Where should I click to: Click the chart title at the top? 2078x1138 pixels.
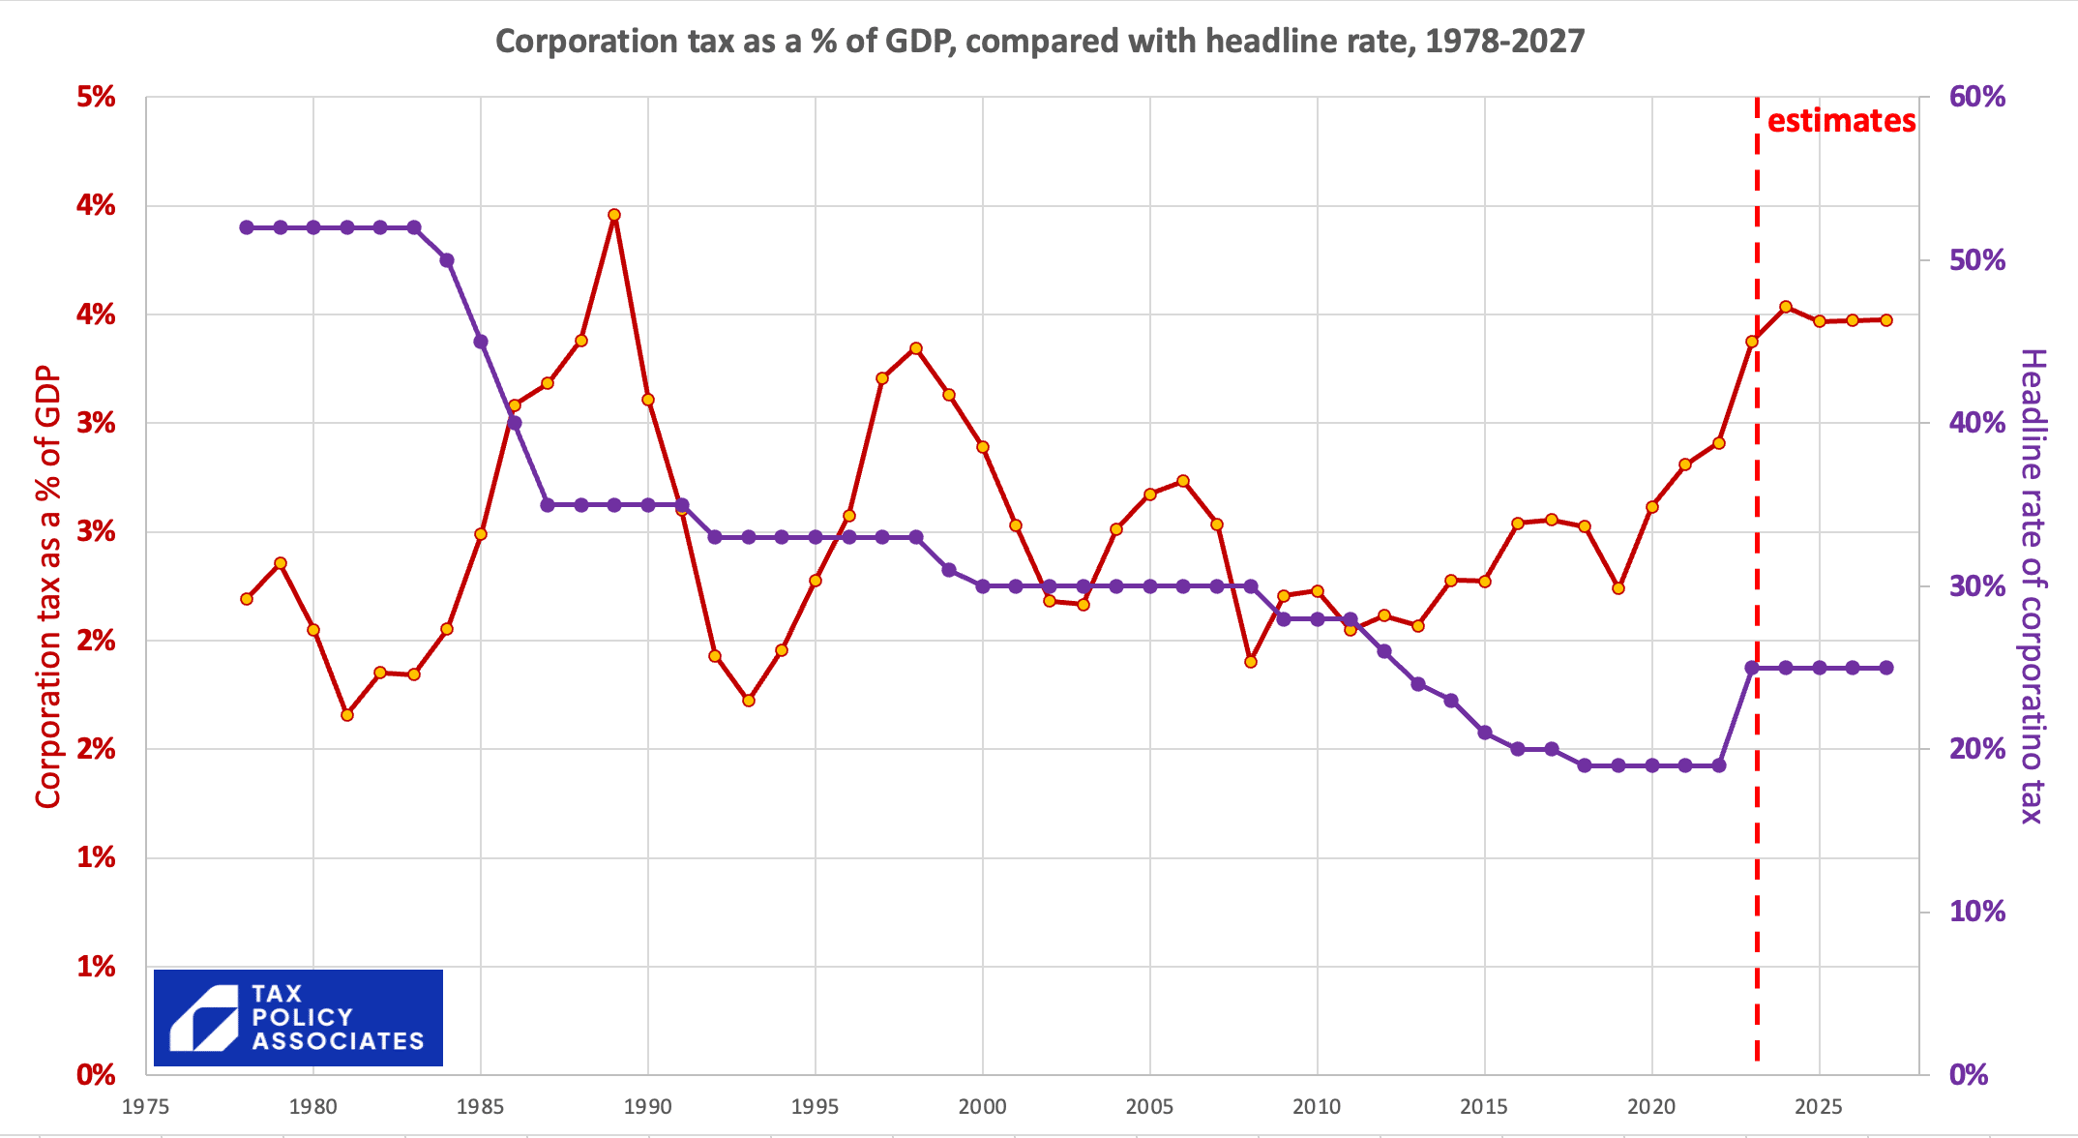pos(1040,42)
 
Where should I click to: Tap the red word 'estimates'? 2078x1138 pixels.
pos(1841,121)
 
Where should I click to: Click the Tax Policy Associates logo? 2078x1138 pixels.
pos(298,1018)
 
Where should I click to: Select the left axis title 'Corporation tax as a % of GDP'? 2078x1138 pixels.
pos(48,586)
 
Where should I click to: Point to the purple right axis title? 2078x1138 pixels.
pos(2033,586)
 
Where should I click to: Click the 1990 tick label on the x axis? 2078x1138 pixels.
pos(648,1106)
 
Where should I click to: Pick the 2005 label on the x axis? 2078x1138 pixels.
pos(1149,1106)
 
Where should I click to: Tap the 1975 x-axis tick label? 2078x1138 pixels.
pos(146,1106)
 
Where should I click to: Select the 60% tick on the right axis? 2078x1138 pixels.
pos(1977,97)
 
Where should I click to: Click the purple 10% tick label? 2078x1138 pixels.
pos(1977,912)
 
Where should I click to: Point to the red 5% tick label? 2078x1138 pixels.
pos(96,97)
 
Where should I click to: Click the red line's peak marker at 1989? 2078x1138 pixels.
pos(614,215)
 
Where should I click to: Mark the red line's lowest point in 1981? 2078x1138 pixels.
pos(347,715)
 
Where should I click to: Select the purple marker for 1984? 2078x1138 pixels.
pos(447,260)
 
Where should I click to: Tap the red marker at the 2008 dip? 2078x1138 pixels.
pos(1250,662)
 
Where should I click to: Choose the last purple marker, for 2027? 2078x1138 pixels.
pos(1886,668)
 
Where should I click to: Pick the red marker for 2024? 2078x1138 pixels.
pos(1786,307)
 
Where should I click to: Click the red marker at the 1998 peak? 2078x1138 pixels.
pos(916,348)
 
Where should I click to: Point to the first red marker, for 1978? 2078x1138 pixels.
pos(247,599)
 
